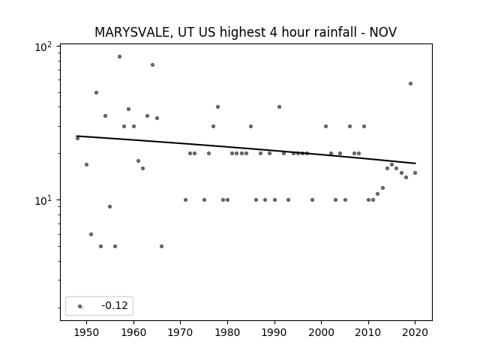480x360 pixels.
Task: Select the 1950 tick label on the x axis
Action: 86,332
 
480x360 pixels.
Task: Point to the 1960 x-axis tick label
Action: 133,332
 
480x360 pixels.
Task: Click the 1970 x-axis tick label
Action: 181,332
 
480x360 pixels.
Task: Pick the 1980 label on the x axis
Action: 227,332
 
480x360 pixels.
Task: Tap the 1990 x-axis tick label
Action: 274,332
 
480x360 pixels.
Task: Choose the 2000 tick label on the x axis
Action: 322,332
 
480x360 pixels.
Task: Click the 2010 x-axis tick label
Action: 368,332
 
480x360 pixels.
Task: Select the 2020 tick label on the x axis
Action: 415,332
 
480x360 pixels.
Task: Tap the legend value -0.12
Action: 115,305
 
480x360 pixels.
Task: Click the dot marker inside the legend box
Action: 80,306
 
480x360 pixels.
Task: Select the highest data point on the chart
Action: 119,57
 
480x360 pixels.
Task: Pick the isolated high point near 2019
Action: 410,83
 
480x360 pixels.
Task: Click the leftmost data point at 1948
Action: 77,138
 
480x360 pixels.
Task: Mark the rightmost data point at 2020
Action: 415,173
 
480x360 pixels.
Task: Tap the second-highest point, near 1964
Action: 152,65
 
